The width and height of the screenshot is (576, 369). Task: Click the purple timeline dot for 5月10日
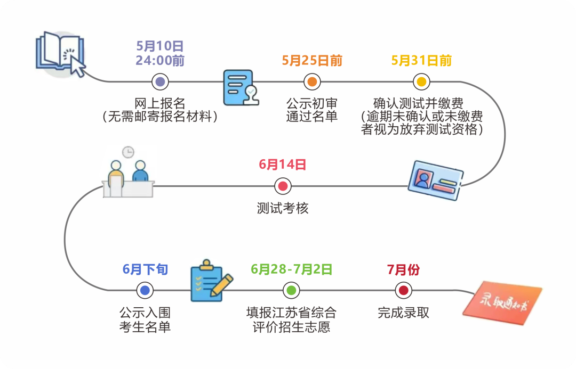pyautogui.click(x=160, y=82)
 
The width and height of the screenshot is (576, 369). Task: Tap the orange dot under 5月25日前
pyautogui.click(x=312, y=82)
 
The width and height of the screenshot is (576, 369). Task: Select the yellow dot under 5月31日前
pyautogui.click(x=421, y=82)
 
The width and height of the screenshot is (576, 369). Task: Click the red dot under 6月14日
pyautogui.click(x=283, y=186)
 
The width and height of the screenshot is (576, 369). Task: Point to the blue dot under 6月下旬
pyautogui.click(x=145, y=290)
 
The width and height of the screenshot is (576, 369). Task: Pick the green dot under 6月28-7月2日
pyautogui.click(x=291, y=290)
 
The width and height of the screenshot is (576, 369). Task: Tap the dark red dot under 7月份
pyautogui.click(x=403, y=290)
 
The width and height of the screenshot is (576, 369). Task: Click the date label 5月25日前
pyautogui.click(x=312, y=61)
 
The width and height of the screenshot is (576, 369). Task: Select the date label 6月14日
pyautogui.click(x=283, y=165)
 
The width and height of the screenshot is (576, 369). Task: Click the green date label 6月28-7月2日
pyautogui.click(x=291, y=269)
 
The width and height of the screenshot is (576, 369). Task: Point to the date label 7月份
pyautogui.click(x=403, y=269)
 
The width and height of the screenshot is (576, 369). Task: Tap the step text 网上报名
pyautogui.click(x=160, y=103)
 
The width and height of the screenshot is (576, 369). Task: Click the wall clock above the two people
pyautogui.click(x=128, y=152)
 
